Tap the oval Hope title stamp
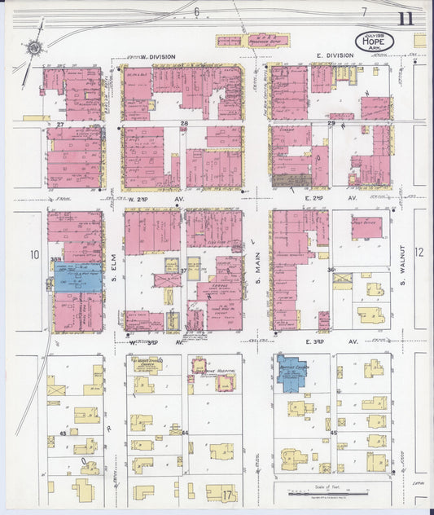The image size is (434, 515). pyautogui.click(x=370, y=42)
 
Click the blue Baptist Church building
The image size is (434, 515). pyautogui.click(x=290, y=373)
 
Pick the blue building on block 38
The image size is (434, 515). pyautogui.click(x=77, y=277)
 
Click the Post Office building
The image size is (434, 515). pyautogui.click(x=366, y=227)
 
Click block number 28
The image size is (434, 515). pyautogui.click(x=185, y=123)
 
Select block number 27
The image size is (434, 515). pyautogui.click(x=59, y=123)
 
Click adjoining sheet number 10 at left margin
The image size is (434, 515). pyautogui.click(x=34, y=255)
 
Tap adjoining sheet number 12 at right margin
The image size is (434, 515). pyautogui.click(x=420, y=253)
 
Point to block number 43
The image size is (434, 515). pyautogui.click(x=62, y=434)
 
